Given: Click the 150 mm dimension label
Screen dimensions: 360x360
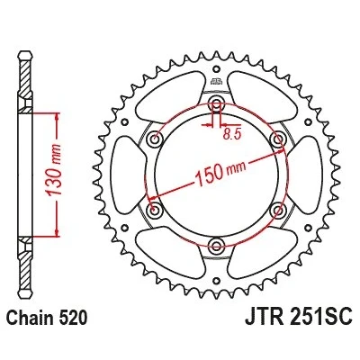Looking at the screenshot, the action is pos(220,172).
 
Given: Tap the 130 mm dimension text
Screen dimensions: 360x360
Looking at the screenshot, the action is pos(53,169).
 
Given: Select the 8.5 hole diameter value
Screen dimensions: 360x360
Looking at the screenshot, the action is pos(232,135).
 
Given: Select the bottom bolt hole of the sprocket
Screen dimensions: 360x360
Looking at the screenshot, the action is pos(216,245).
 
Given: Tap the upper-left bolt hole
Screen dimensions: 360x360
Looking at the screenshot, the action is pos(155,139).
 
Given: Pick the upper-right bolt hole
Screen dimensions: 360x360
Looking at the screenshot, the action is pos(278,139).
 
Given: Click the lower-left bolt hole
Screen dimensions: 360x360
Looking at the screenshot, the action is pos(155,209).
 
